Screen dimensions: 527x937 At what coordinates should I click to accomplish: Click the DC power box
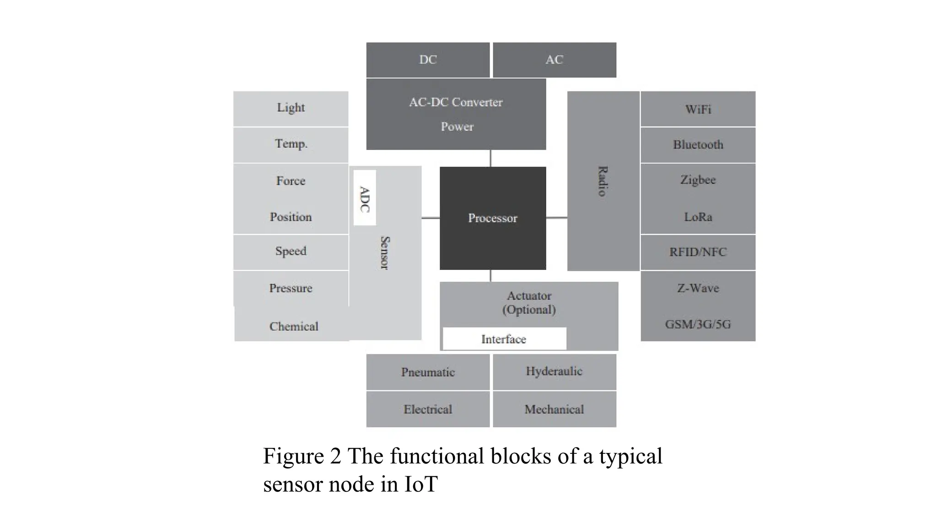point(428,60)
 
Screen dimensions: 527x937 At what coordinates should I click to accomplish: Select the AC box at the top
point(554,60)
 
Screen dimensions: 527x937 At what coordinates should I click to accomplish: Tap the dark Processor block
point(493,218)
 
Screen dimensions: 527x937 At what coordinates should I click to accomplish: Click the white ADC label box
point(365,198)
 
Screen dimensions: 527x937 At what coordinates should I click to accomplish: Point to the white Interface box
point(504,339)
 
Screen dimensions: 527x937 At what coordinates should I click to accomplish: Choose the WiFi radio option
point(698,109)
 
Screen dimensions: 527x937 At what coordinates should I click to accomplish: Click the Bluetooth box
point(698,145)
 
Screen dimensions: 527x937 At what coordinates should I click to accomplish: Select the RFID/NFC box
point(698,252)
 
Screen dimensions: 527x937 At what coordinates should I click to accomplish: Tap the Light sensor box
point(291,108)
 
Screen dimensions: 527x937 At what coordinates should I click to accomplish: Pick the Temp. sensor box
point(291,144)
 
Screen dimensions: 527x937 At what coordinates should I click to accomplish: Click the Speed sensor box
point(291,252)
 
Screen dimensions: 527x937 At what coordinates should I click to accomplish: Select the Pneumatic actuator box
point(428,372)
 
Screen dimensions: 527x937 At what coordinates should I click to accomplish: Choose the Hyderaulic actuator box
point(554,371)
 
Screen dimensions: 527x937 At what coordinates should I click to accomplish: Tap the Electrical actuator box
point(428,409)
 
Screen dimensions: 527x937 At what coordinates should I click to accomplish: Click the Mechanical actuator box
point(554,409)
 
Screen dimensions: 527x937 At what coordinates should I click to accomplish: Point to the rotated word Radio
point(603,181)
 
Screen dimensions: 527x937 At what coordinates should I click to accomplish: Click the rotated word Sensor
point(385,253)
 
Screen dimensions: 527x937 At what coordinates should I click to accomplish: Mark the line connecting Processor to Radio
point(556,218)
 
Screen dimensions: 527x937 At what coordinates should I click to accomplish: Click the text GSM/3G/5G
point(698,324)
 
